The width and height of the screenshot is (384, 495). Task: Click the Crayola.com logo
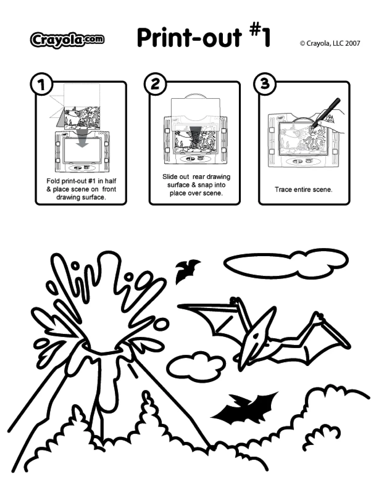(x=67, y=40)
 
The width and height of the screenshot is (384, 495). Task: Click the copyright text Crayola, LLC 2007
(x=330, y=43)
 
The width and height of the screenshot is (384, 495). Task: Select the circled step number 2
(x=155, y=84)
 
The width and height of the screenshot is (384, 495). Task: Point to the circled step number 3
(x=265, y=84)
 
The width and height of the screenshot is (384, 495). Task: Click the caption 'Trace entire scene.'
(x=303, y=189)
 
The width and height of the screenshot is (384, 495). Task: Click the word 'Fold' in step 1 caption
(x=53, y=181)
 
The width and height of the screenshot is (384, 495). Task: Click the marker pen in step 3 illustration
(x=327, y=112)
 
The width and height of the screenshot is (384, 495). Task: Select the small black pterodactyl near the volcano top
(x=186, y=270)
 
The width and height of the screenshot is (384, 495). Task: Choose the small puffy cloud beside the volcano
(x=196, y=367)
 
